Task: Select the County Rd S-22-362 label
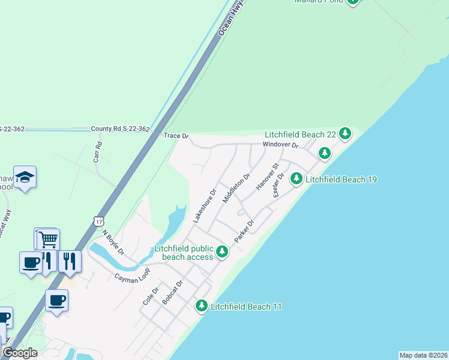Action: click(x=120, y=129)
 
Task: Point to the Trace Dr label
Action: click(x=176, y=137)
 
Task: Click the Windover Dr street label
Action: click(x=280, y=145)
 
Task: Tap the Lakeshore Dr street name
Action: click(x=204, y=207)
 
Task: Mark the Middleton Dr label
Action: click(x=236, y=189)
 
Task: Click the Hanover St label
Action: click(x=267, y=177)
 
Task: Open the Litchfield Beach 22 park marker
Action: click(x=345, y=133)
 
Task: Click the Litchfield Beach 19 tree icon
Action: click(x=296, y=178)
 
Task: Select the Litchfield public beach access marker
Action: click(x=222, y=251)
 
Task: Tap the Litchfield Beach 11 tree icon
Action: click(x=202, y=306)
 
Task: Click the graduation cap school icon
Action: click(x=25, y=178)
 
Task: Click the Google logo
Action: click(x=20, y=352)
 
